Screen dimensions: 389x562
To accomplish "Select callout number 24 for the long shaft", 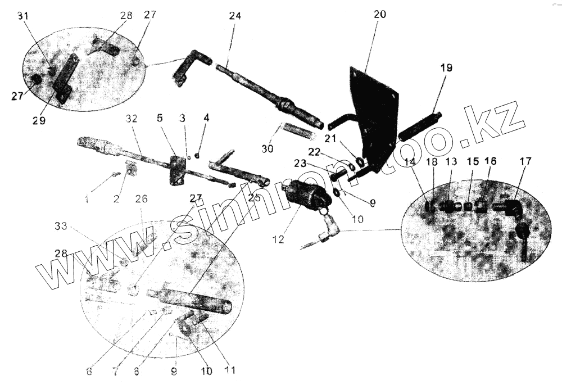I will (x=235, y=16).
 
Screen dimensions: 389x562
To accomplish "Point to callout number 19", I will (x=446, y=67).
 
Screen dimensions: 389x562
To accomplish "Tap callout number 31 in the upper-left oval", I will (x=24, y=16).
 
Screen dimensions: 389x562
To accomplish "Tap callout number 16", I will (x=491, y=161).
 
